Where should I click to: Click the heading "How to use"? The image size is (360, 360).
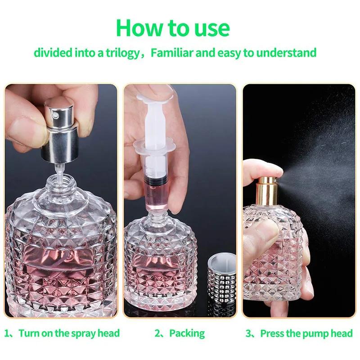point(173,27)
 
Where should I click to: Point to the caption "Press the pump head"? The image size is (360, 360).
point(306,333)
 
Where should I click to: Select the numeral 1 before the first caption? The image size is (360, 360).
point(7,333)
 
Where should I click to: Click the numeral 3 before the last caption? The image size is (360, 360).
point(248,333)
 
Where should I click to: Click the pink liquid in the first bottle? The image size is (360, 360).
point(58,265)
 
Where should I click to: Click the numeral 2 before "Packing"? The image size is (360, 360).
point(157,333)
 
